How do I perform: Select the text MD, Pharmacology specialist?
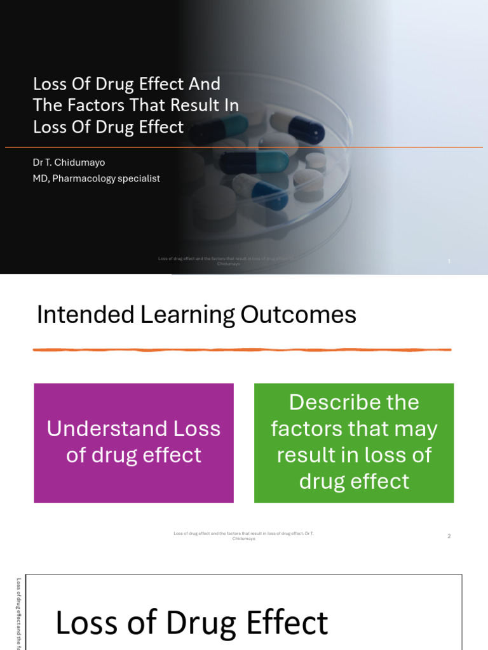(x=96, y=178)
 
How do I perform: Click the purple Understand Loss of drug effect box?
(x=133, y=442)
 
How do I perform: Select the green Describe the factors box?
(x=354, y=442)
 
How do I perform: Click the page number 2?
(x=449, y=536)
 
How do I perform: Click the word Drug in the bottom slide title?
(x=196, y=623)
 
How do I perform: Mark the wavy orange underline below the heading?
(x=241, y=350)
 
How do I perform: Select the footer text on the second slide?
(x=243, y=536)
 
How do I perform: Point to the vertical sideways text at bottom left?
(x=19, y=613)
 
